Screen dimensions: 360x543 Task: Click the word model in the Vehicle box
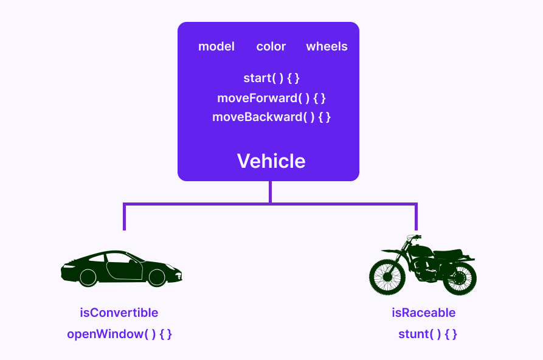click(x=216, y=47)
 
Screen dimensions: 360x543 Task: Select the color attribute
click(x=271, y=47)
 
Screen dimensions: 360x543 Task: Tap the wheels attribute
click(x=327, y=47)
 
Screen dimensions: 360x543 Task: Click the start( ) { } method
click(x=271, y=78)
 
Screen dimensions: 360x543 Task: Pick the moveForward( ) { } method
click(x=271, y=98)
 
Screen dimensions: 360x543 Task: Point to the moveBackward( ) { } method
click(x=271, y=117)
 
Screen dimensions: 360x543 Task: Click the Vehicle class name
click(x=271, y=161)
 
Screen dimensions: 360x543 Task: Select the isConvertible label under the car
click(x=119, y=313)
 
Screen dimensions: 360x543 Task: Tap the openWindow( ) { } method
click(x=119, y=334)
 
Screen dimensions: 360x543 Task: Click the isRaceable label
click(x=424, y=313)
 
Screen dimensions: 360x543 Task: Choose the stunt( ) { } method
click(x=427, y=334)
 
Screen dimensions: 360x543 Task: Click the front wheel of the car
click(x=157, y=277)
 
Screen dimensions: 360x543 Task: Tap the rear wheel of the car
click(x=88, y=277)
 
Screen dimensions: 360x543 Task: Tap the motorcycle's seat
click(x=447, y=254)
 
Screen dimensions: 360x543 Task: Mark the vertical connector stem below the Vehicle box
click(x=270, y=192)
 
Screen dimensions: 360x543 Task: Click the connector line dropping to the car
click(x=125, y=217)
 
